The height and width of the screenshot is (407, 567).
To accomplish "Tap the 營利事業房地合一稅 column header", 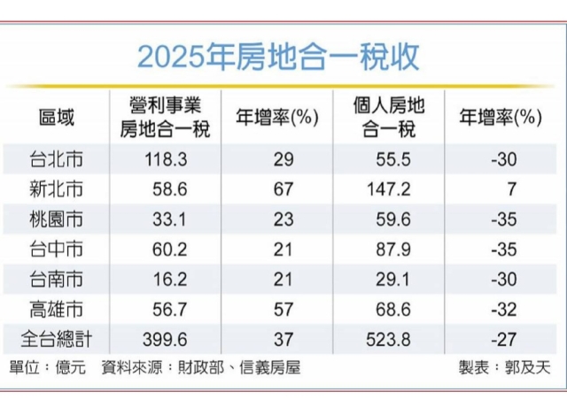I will coord(165,116).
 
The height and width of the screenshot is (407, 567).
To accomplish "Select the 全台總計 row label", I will coord(56,337).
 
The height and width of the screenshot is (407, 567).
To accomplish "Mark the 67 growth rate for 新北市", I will coord(277,188).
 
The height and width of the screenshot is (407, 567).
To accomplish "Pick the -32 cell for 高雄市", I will coord(501,308).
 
